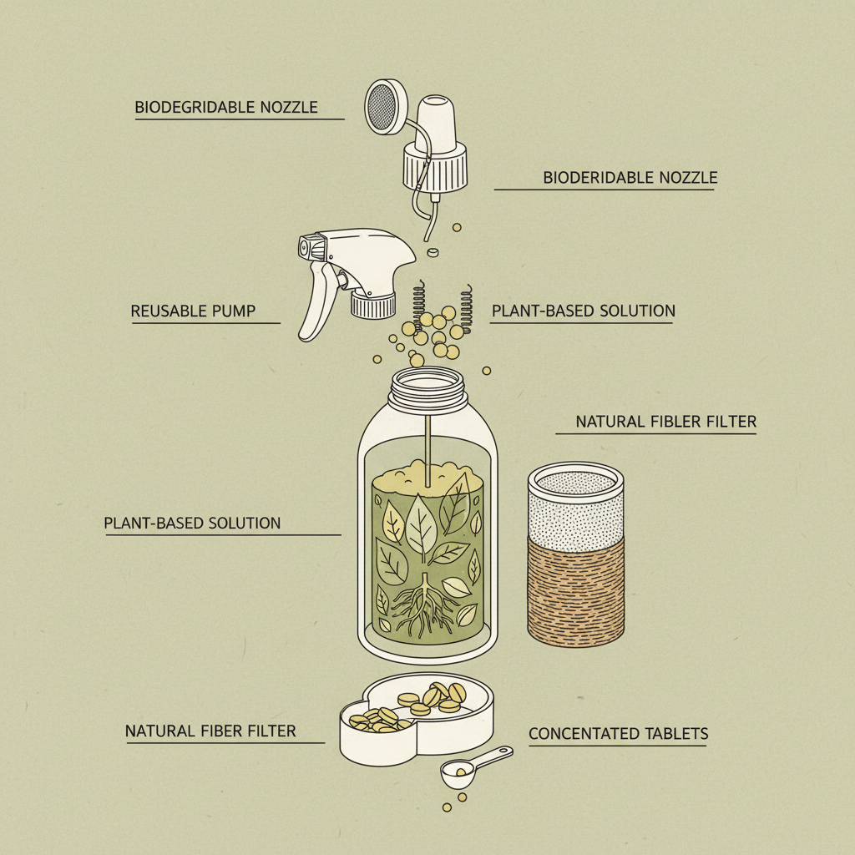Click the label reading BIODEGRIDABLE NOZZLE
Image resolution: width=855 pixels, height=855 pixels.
coord(226,107)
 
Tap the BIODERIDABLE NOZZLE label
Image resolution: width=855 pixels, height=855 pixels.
coord(630,177)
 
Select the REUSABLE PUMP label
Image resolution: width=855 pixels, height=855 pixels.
coord(193,311)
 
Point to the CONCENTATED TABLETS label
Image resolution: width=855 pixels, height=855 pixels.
coord(619,733)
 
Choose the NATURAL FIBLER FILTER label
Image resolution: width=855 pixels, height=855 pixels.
coord(665,422)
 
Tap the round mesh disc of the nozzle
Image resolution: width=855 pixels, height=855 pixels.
coord(385,106)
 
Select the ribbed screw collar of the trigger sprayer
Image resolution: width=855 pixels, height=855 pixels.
coord(373,304)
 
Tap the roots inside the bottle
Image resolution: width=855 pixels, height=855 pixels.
coord(423,606)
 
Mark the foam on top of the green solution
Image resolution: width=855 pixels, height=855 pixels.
coord(427,478)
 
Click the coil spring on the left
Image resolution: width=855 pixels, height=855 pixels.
coord(419,305)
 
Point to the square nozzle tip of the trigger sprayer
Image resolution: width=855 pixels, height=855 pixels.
coord(309,247)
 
